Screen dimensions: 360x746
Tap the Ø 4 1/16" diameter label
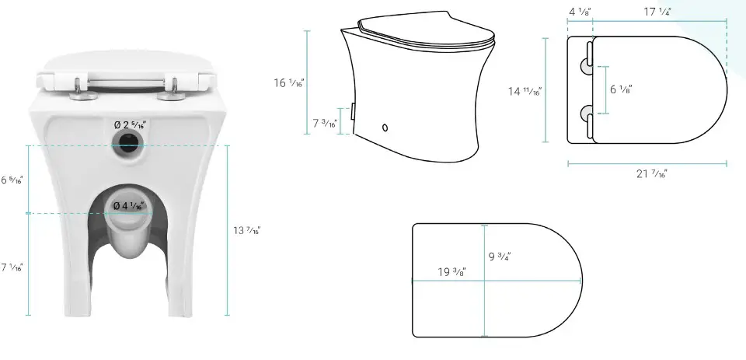click(128, 206)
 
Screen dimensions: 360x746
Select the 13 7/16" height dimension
click(246, 230)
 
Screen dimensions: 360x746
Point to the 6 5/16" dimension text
click(12, 180)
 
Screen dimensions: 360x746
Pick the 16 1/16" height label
click(290, 82)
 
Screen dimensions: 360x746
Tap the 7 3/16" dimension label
click(324, 123)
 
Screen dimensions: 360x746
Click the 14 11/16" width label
click(525, 91)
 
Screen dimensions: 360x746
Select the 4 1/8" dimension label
click(580, 12)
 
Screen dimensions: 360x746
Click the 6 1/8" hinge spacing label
click(621, 89)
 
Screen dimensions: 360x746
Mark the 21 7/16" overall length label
click(651, 174)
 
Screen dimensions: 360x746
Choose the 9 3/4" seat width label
click(499, 256)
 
